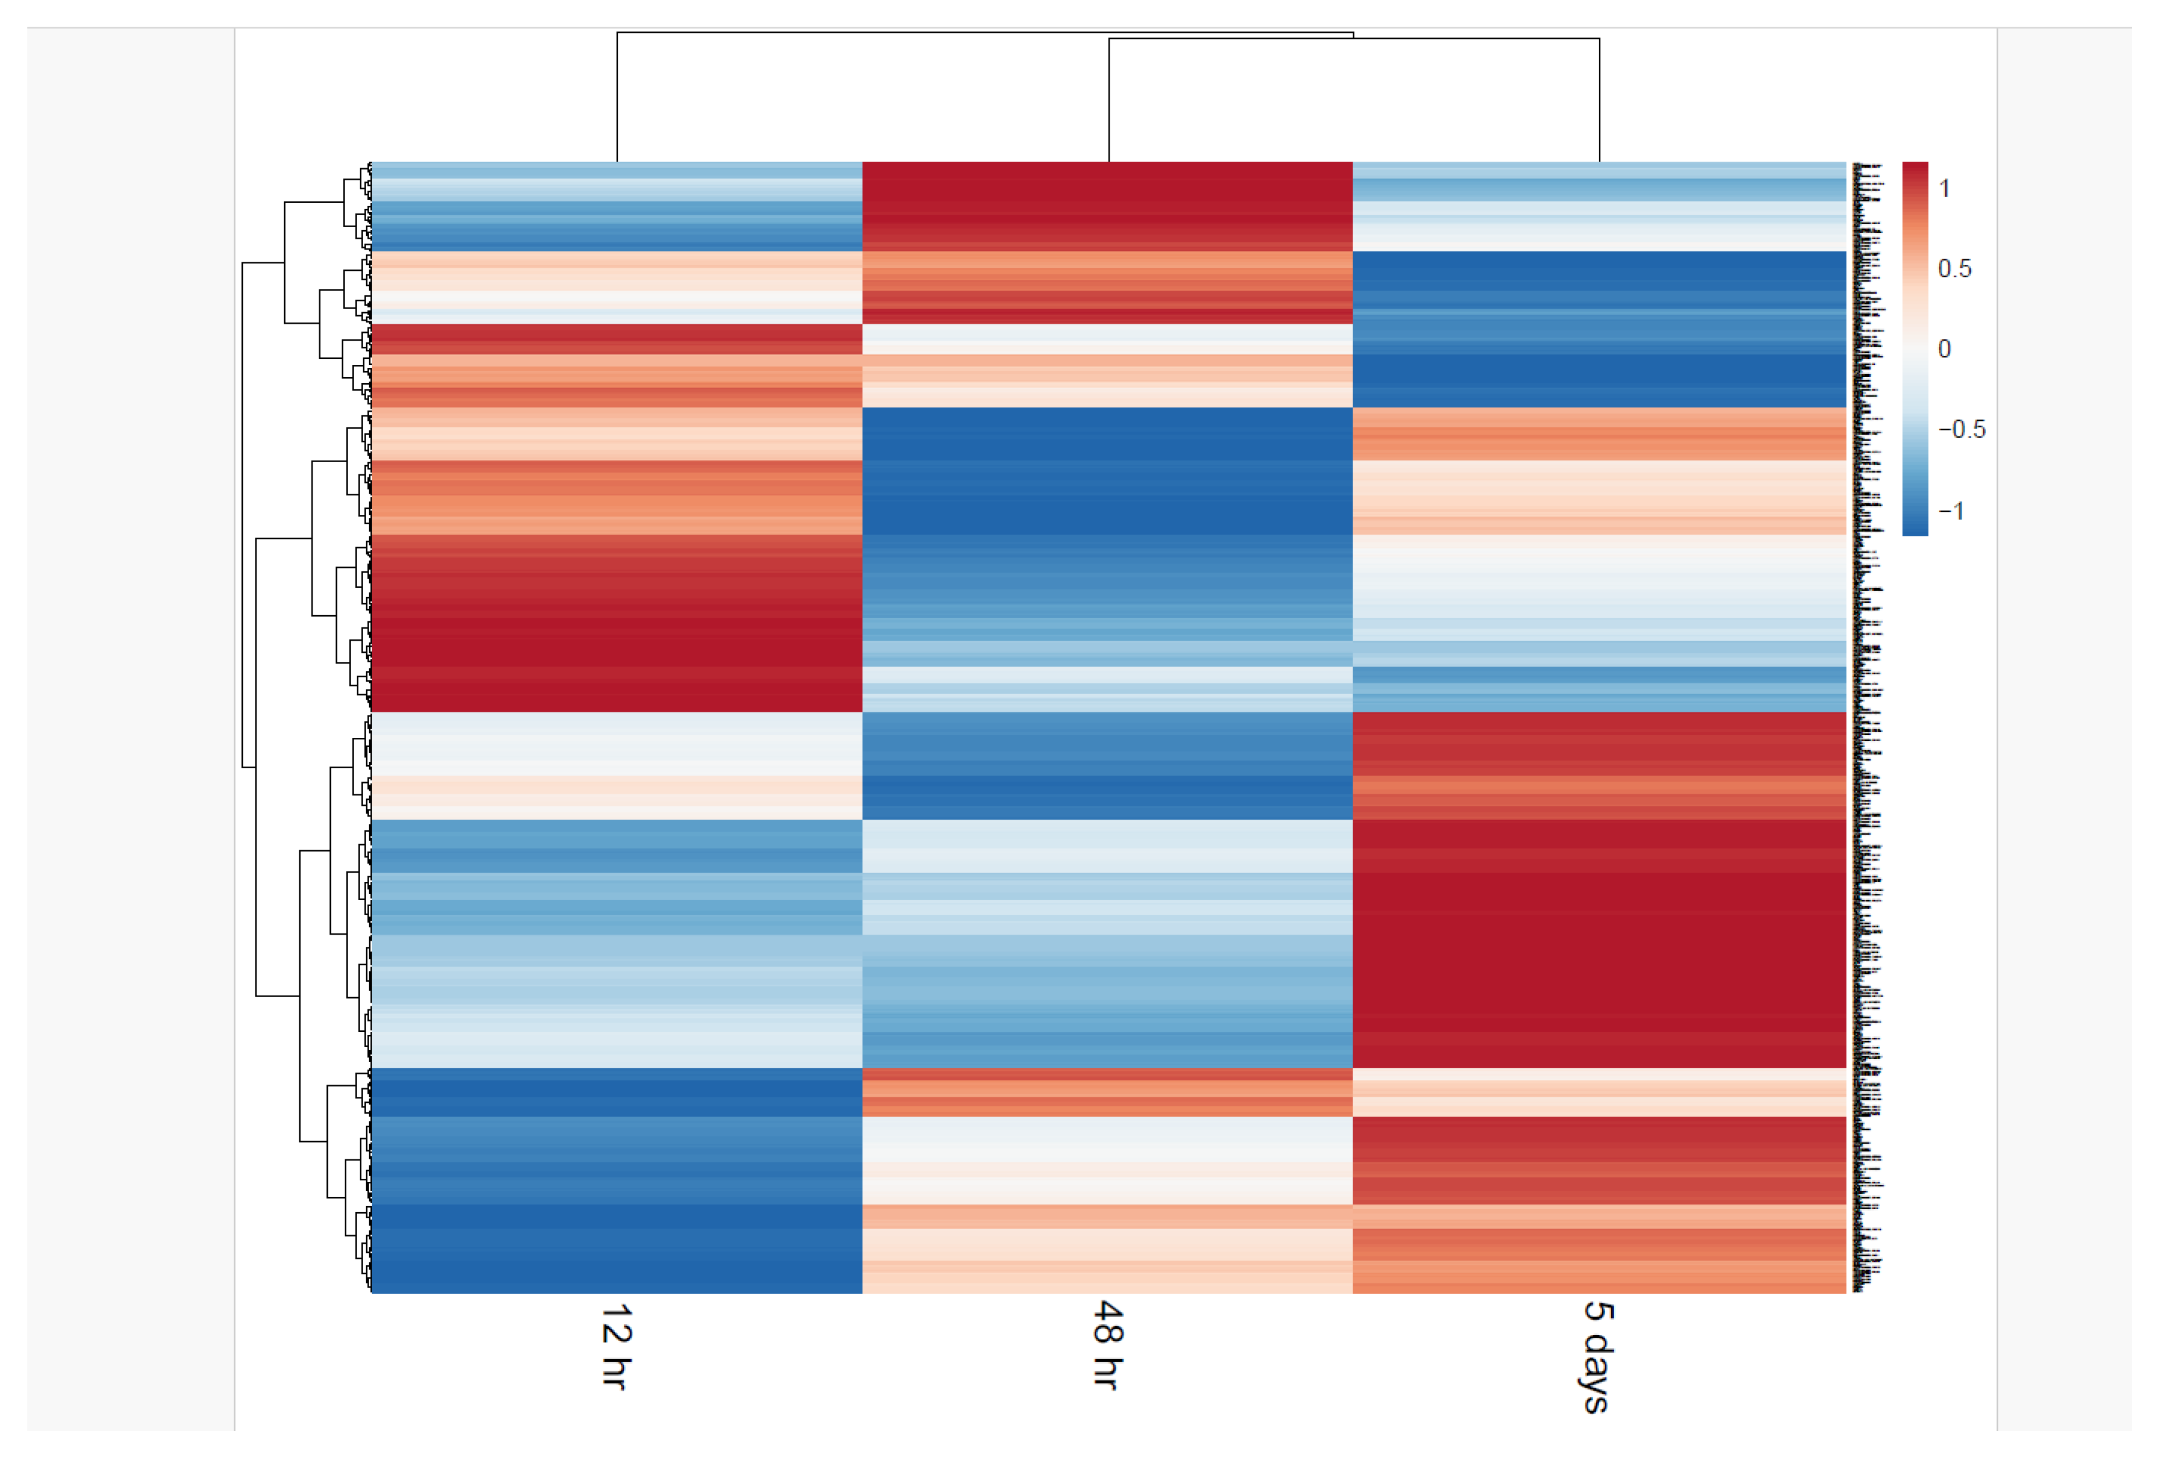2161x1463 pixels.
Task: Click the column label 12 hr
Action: point(616,1345)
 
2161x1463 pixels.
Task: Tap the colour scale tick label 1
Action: point(1944,189)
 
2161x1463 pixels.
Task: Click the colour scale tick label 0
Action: point(1944,349)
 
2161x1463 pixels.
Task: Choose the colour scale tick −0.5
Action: point(1960,430)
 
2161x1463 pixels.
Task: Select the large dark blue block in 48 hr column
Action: point(1107,469)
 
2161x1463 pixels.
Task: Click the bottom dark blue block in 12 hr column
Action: point(616,1246)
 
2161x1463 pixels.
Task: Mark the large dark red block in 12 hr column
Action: point(616,623)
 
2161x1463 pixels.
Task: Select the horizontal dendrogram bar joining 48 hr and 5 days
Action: point(1354,39)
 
